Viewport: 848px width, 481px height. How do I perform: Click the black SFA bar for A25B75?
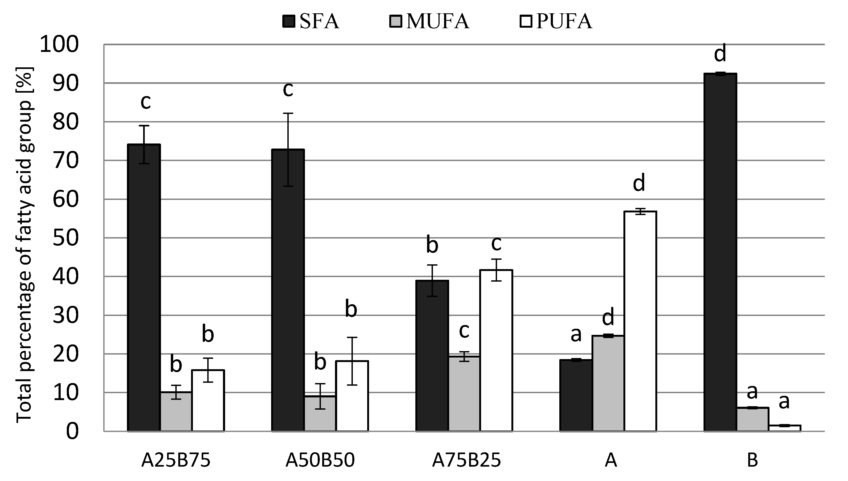(x=144, y=287)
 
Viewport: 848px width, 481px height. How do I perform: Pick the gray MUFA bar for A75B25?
(x=464, y=394)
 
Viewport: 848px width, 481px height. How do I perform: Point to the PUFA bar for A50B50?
(x=352, y=396)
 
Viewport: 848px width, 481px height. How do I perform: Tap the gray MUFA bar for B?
(x=752, y=420)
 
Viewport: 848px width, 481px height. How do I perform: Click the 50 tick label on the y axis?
(x=66, y=238)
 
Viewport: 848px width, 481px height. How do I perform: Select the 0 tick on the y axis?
(x=72, y=431)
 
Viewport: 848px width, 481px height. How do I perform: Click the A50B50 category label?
(x=320, y=460)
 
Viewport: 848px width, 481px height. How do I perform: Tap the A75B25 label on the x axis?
(x=467, y=460)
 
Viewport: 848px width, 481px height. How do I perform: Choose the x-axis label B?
(x=752, y=460)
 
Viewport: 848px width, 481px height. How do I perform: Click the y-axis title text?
(x=25, y=244)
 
